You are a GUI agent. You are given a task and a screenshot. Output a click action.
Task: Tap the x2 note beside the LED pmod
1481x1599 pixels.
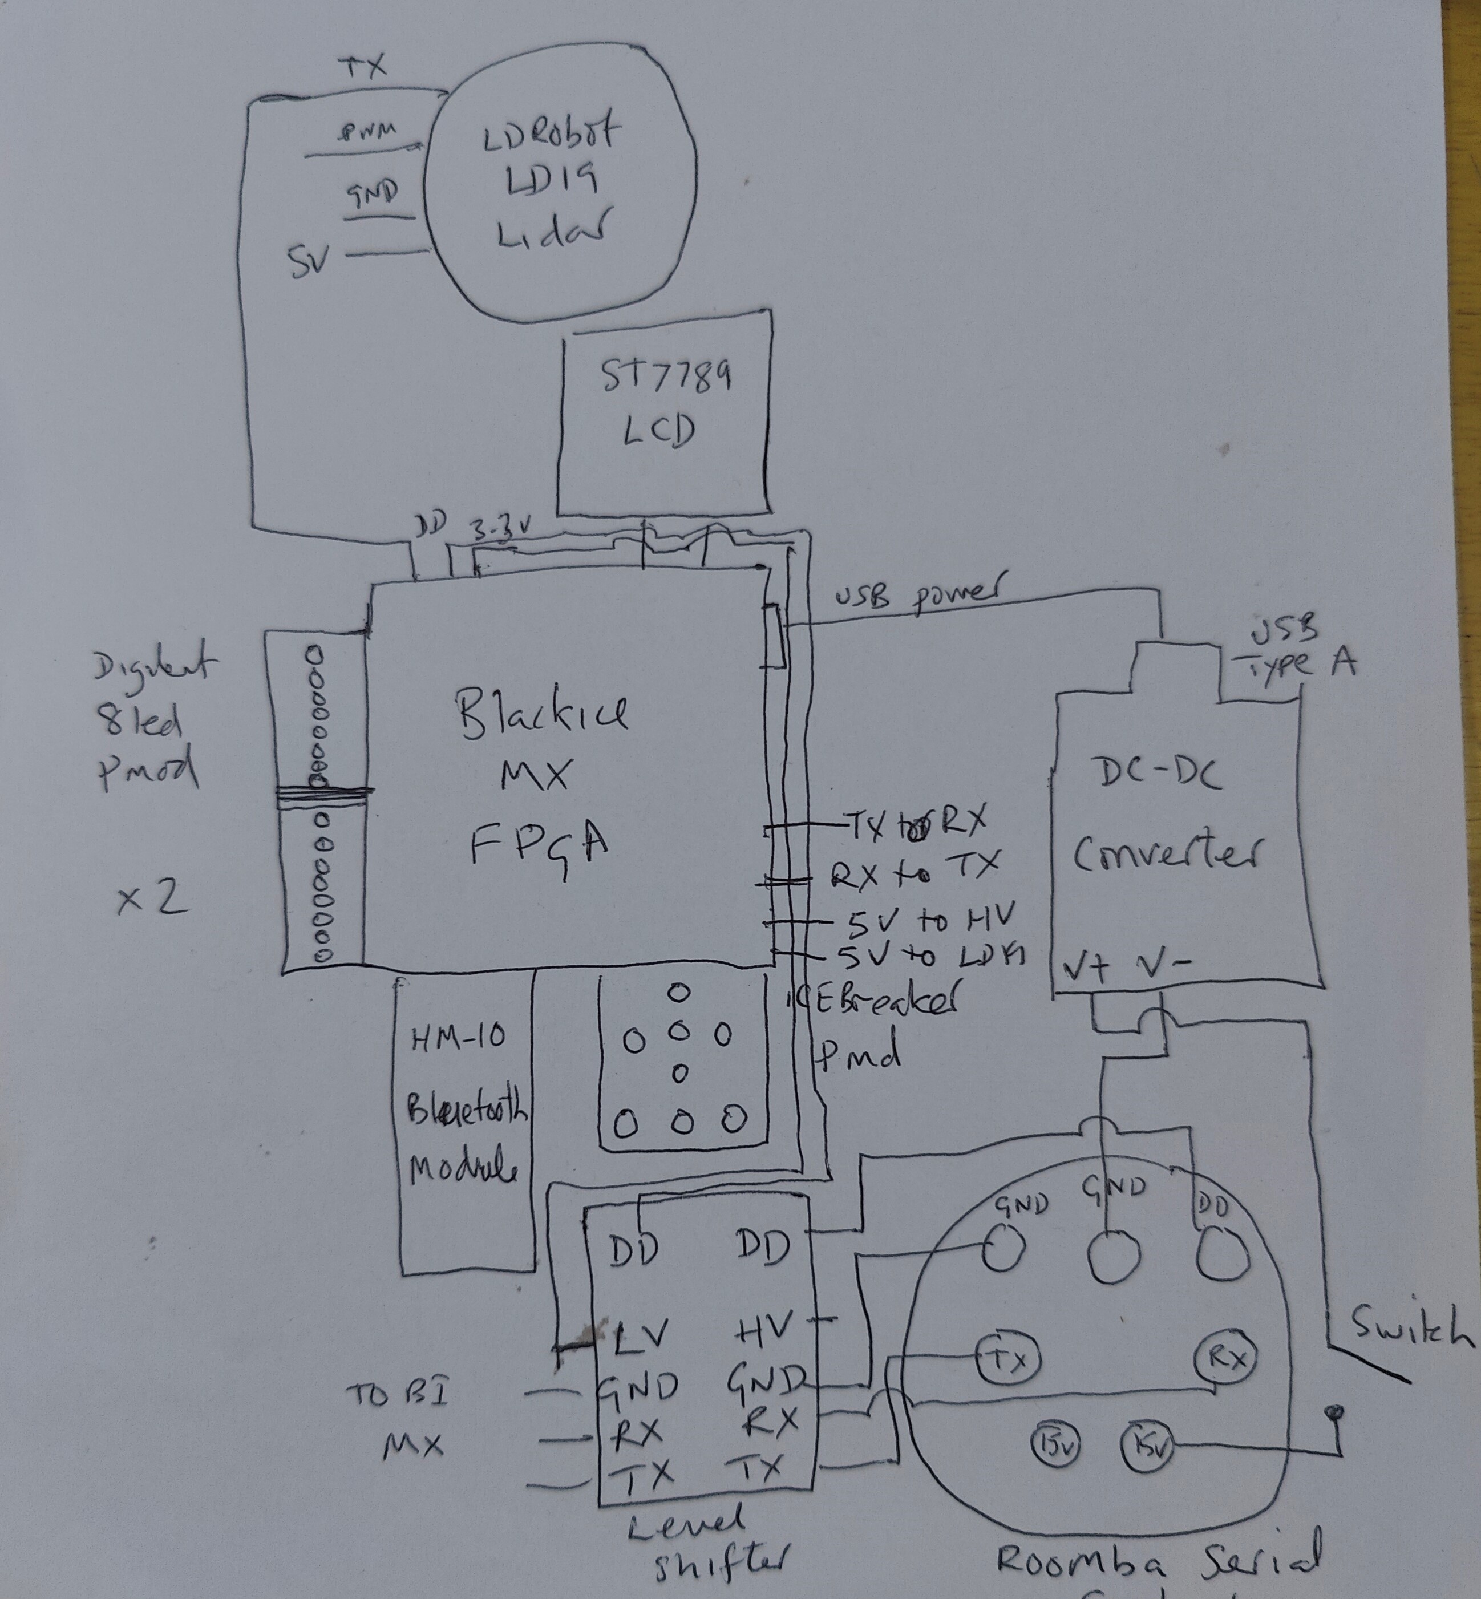point(152,899)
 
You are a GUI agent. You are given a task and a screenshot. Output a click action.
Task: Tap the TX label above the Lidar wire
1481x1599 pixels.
point(366,67)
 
